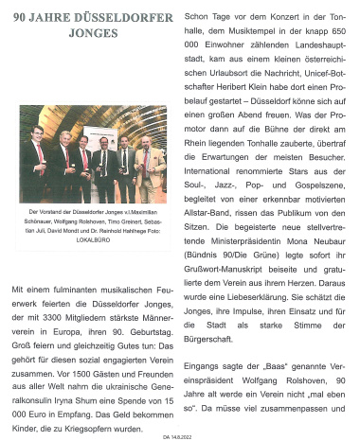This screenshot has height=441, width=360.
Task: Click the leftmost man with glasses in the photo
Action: coord(37,161)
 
